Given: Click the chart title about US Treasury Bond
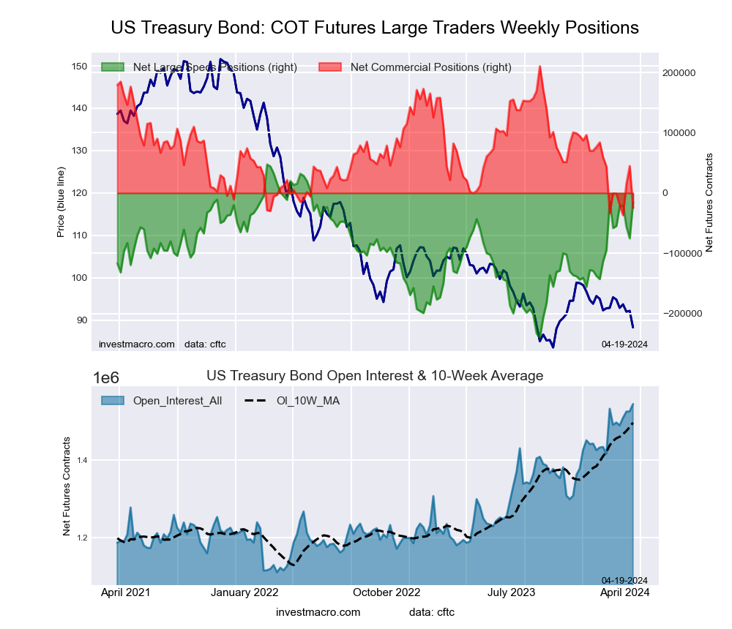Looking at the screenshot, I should coord(375,28).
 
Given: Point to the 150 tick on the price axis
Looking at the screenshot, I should coord(78,67).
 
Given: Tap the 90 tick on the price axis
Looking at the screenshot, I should coord(81,320).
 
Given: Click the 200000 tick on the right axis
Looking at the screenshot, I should coord(679,73).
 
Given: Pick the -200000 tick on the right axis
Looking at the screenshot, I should coord(680,313).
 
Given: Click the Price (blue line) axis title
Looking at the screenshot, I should coord(61,194).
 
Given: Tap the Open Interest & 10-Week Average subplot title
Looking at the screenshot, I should coord(375,376).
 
